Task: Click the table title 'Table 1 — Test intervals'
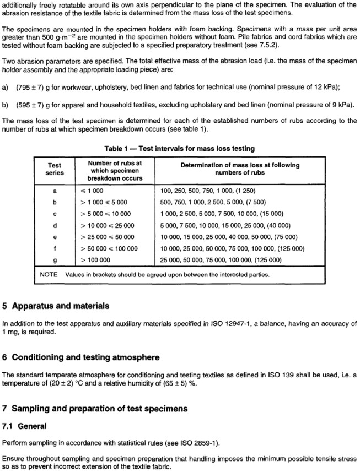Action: pyautogui.click(x=180, y=148)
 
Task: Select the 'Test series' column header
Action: pyautogui.click(x=55, y=169)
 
